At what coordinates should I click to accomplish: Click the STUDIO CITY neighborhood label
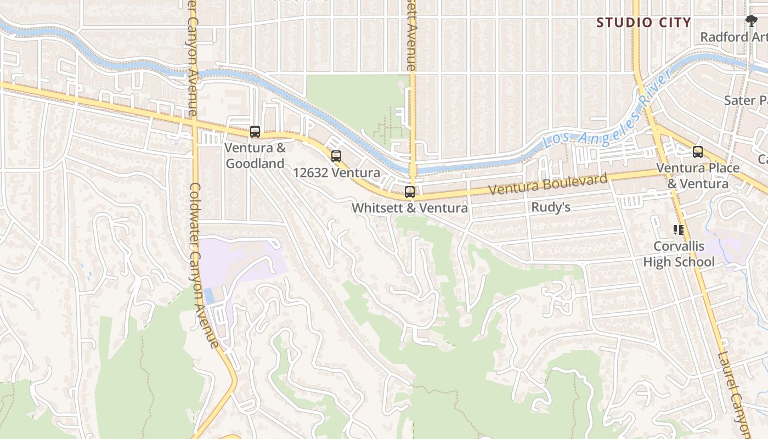pyautogui.click(x=643, y=22)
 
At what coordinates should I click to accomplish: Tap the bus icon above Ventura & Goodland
pyautogui.click(x=255, y=132)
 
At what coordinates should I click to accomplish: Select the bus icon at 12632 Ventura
pyautogui.click(x=336, y=156)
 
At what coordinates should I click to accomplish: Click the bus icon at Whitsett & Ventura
pyautogui.click(x=410, y=192)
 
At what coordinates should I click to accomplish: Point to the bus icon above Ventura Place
pyautogui.click(x=698, y=152)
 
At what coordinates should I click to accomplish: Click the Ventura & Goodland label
pyautogui.click(x=255, y=155)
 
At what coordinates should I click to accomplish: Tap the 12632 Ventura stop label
pyautogui.click(x=336, y=173)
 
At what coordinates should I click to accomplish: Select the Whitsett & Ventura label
pyautogui.click(x=410, y=208)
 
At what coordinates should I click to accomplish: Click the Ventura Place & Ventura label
pyautogui.click(x=698, y=176)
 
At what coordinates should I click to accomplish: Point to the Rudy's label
pyautogui.click(x=551, y=207)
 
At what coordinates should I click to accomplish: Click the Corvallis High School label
pyautogui.click(x=679, y=254)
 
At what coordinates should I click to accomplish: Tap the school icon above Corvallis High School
pyautogui.click(x=679, y=230)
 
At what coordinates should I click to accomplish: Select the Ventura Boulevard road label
pyautogui.click(x=548, y=184)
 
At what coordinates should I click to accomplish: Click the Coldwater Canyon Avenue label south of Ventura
pyautogui.click(x=204, y=263)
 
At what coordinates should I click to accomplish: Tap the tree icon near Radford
pyautogui.click(x=752, y=21)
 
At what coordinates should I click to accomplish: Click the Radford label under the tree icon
pyautogui.click(x=733, y=37)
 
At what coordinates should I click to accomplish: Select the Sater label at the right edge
pyautogui.click(x=745, y=100)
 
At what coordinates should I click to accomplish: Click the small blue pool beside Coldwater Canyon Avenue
pyautogui.click(x=209, y=295)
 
